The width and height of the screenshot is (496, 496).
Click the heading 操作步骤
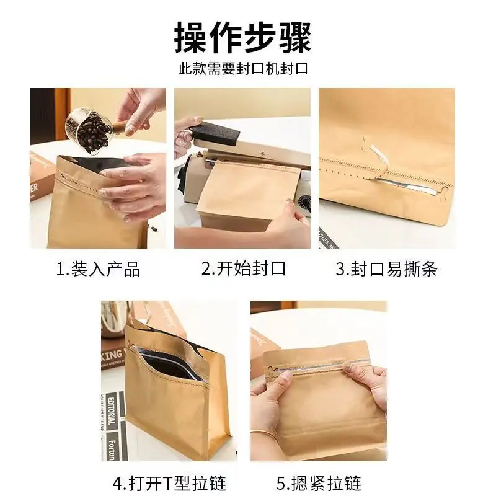pos(242,38)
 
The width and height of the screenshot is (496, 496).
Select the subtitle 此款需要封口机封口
pos(243,69)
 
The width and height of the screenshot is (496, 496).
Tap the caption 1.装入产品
pos(98,269)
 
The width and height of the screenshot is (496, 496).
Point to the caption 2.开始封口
pos(243,269)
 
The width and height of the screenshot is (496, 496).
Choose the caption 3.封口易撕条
pos(386,269)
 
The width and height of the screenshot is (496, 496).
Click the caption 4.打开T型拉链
pos(169,484)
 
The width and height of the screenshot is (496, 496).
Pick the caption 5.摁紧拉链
pos(319,484)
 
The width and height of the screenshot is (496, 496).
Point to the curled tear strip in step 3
pos(376,157)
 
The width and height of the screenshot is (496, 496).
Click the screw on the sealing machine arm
pos(262,154)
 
